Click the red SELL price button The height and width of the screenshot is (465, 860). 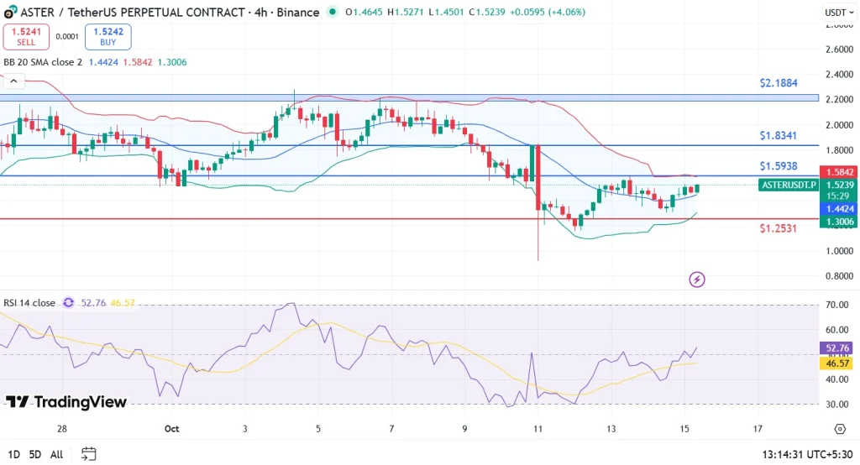tap(25, 36)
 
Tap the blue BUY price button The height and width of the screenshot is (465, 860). tap(108, 36)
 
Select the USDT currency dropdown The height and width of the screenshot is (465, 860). tap(836, 13)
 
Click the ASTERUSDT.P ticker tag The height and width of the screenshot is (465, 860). tap(788, 185)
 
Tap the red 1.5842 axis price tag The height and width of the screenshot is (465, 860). tap(840, 171)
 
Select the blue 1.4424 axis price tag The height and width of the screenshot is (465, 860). tap(840, 207)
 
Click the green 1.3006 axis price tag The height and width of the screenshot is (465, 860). tap(840, 222)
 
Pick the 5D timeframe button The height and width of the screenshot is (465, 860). tap(34, 454)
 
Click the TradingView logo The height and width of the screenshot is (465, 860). tap(66, 402)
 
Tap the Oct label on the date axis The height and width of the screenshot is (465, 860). tap(172, 429)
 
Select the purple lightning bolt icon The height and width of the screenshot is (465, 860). tap(696, 279)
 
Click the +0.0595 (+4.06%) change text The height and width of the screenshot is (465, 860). tap(545, 13)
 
